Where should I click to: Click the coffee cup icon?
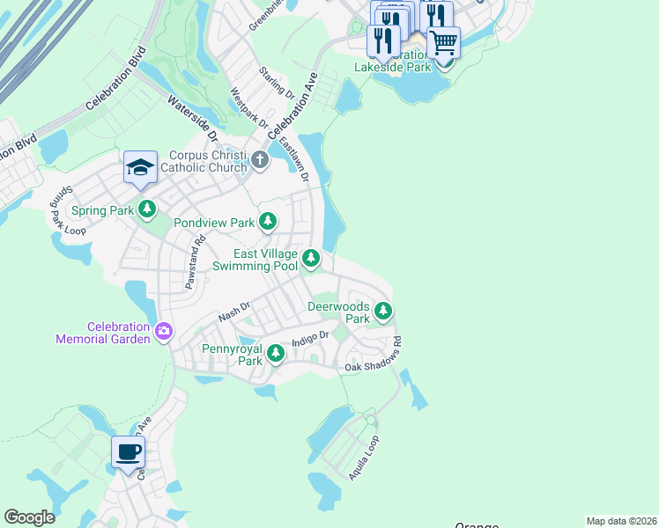(129, 453)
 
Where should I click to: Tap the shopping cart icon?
(443, 40)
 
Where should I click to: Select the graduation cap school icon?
(140, 167)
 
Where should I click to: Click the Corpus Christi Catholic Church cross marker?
(259, 160)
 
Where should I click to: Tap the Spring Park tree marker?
(147, 210)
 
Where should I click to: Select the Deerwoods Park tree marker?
(382, 311)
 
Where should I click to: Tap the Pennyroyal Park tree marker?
(276, 354)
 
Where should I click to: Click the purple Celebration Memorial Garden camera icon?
(163, 332)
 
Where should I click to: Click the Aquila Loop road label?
(364, 457)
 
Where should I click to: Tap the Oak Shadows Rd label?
(374, 354)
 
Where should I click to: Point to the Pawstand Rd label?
(195, 262)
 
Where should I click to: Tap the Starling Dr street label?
(276, 82)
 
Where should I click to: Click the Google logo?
(29, 517)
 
